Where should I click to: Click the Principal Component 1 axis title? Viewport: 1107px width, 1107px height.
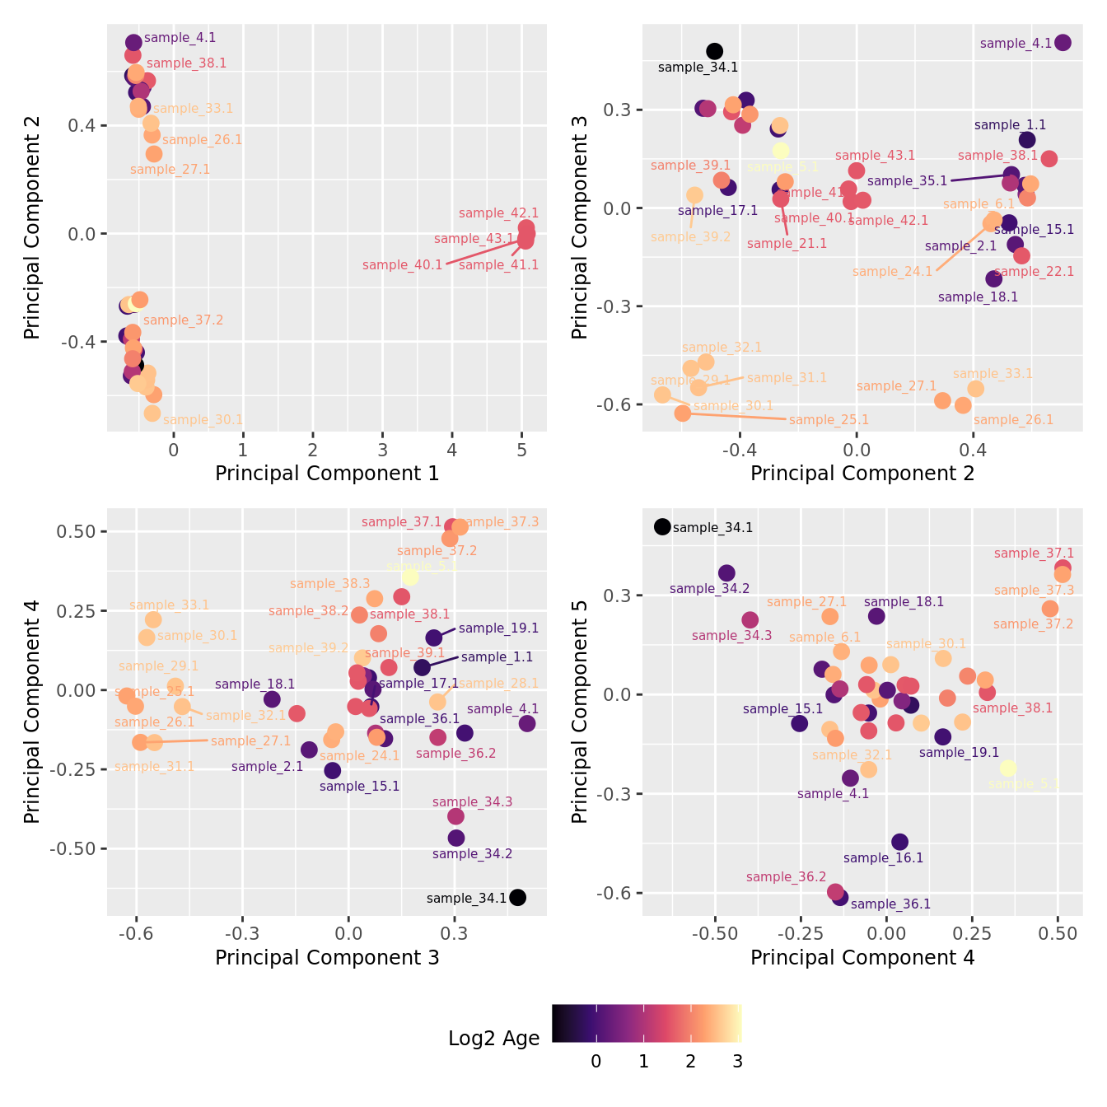[x=327, y=474]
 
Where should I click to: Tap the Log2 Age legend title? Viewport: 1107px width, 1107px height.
[x=493, y=1039]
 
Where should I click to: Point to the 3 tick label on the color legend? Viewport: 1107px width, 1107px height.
[x=737, y=1062]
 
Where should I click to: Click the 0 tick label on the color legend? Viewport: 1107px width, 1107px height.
[x=596, y=1062]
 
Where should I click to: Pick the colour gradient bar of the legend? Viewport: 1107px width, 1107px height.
[x=647, y=1023]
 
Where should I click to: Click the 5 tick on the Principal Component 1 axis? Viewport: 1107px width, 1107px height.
[x=521, y=450]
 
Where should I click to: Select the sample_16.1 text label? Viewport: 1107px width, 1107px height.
[x=883, y=858]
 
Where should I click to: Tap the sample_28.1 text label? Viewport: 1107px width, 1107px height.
[x=498, y=684]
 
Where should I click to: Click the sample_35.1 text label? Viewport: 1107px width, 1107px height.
[x=907, y=181]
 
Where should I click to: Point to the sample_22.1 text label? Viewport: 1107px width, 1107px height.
[x=1034, y=272]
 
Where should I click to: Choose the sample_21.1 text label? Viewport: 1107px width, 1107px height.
[x=787, y=244]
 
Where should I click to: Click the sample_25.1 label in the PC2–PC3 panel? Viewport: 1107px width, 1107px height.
[x=829, y=420]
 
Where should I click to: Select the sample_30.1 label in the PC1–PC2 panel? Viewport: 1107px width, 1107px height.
[x=203, y=420]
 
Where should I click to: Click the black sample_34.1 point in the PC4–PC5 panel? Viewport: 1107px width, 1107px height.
[x=662, y=527]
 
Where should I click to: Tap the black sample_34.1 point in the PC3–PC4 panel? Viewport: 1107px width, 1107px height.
[x=517, y=898]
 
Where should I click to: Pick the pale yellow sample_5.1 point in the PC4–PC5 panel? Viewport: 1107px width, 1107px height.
[x=1007, y=768]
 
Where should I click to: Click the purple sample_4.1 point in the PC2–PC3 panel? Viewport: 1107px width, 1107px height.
[x=1063, y=43]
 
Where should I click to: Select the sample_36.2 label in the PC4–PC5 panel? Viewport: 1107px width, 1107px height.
[x=786, y=877]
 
